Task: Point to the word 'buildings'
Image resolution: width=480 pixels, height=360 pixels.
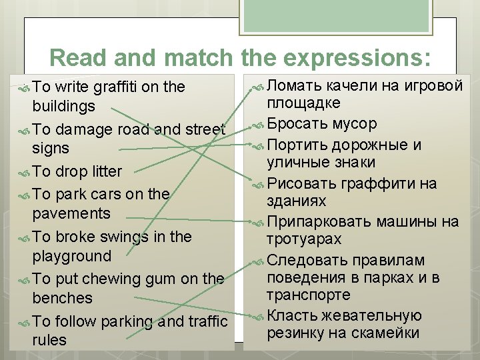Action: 64,107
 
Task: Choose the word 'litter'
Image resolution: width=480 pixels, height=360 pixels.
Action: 106,171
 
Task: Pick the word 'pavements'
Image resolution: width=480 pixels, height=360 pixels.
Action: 71,213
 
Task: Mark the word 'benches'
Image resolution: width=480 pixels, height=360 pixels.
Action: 62,298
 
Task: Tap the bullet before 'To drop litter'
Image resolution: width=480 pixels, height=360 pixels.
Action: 24,172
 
